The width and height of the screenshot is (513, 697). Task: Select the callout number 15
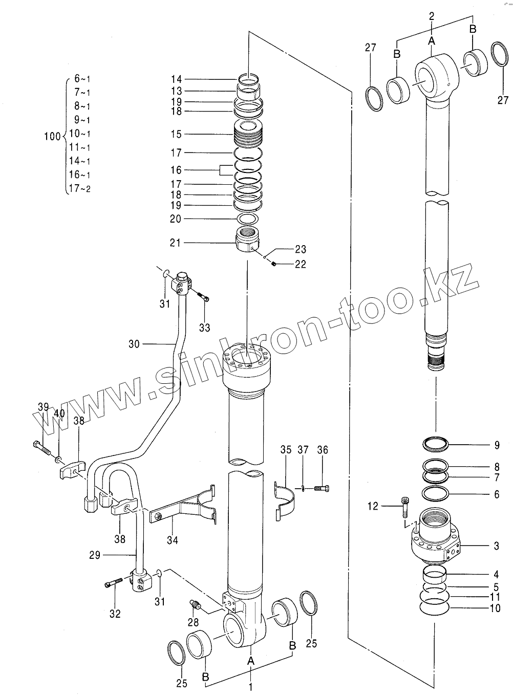(176, 134)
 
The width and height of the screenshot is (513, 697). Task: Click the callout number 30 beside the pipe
(134, 344)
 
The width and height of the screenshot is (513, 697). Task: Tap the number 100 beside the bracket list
(52, 137)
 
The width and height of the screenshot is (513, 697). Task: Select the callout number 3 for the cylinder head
(496, 546)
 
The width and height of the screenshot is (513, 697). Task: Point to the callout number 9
(497, 445)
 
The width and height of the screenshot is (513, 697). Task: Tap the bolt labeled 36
(322, 489)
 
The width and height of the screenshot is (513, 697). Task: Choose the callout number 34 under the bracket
(173, 539)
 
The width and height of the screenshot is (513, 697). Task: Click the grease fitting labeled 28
(196, 604)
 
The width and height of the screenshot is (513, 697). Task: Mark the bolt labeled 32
(115, 582)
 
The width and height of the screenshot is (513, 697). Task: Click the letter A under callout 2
(432, 40)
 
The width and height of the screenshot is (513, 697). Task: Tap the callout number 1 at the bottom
(250, 687)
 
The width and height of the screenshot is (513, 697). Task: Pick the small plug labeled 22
(274, 264)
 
